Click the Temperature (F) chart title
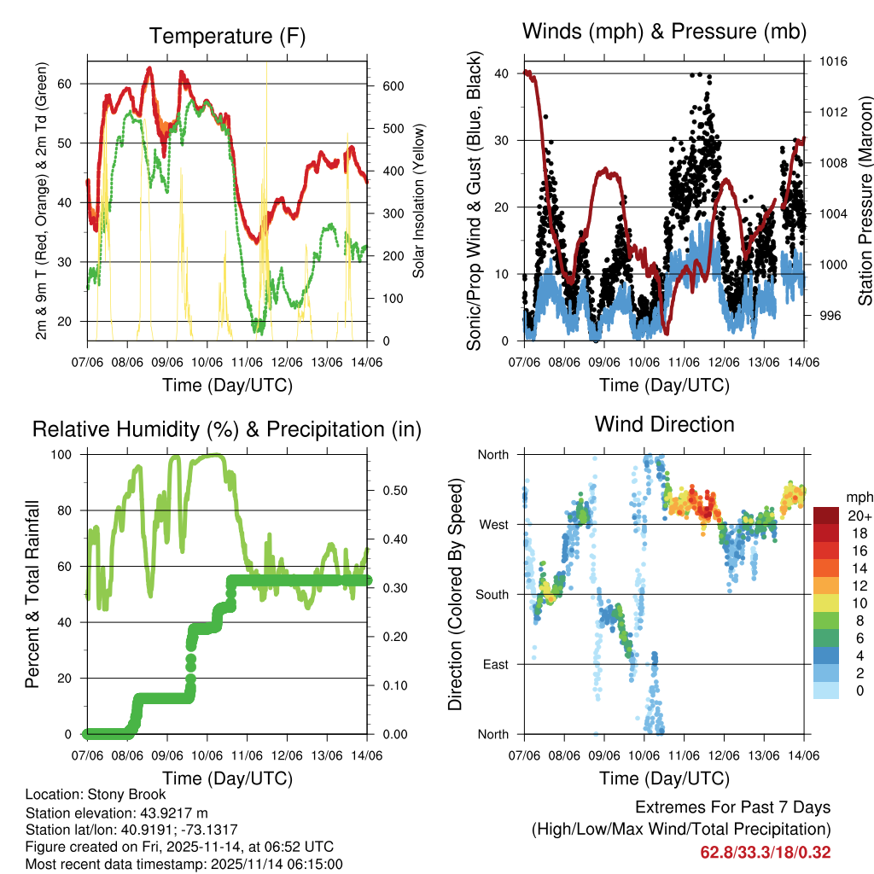(x=227, y=37)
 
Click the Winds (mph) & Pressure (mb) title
(x=664, y=32)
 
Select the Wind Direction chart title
(x=664, y=424)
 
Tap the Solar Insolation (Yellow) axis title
(x=418, y=201)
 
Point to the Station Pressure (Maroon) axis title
(x=865, y=201)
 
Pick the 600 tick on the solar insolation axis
(x=393, y=86)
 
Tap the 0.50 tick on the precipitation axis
(x=393, y=491)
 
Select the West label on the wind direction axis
(x=493, y=524)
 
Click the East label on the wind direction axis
(x=494, y=664)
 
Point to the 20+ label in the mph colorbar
(x=859, y=516)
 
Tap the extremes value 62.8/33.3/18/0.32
(x=766, y=853)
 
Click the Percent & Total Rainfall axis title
(x=32, y=594)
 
